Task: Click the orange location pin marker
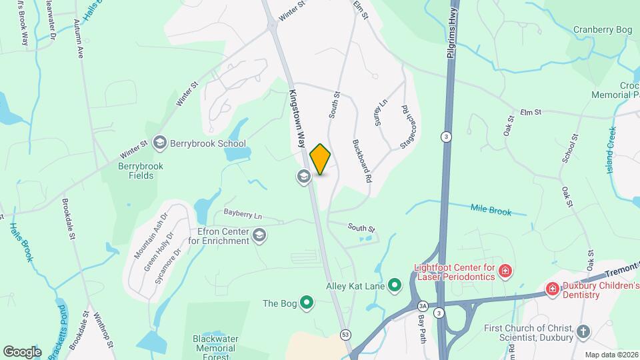320,159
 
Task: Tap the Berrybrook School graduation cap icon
159,142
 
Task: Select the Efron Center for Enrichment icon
259,235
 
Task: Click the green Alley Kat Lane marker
395,287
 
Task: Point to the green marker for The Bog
307,303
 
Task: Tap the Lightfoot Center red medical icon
506,271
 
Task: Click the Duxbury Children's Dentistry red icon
552,289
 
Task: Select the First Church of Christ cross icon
583,331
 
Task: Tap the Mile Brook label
491,211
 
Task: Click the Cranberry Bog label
603,29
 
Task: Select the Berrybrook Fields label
136,171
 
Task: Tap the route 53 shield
345,333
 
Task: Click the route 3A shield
422,305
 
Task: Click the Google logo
22,351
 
